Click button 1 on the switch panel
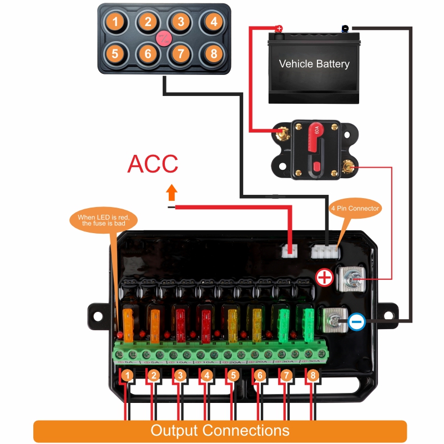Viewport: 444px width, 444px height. pyautogui.click(x=115, y=22)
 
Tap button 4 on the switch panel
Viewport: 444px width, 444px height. pyautogui.click(x=213, y=22)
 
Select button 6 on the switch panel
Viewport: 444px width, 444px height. pyautogui.click(x=148, y=54)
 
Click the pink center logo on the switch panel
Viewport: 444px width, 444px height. pyautogui.click(x=164, y=39)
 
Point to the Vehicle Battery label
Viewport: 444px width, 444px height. pyautogui.click(x=314, y=64)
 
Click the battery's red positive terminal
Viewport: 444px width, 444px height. pyautogui.click(x=279, y=28)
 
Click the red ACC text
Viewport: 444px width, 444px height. pyautogui.click(x=153, y=164)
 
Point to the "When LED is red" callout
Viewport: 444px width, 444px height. pyautogui.click(x=104, y=220)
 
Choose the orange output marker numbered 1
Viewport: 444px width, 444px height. pyautogui.click(x=128, y=376)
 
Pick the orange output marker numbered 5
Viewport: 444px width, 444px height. pyautogui.click(x=233, y=376)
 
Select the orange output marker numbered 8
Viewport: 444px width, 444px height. pyautogui.click(x=312, y=376)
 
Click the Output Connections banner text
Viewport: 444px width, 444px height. pyautogui.click(x=220, y=431)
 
